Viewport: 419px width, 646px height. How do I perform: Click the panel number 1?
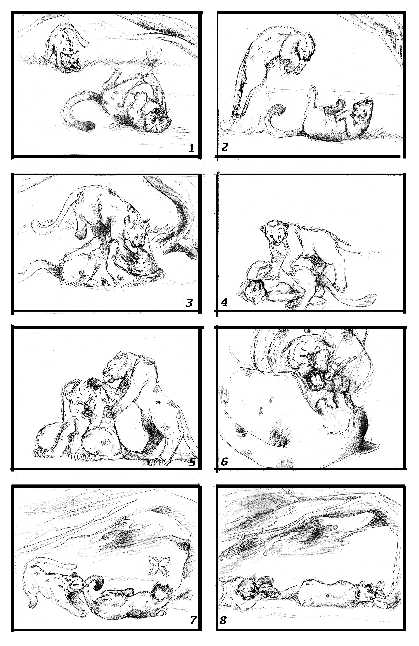(192, 148)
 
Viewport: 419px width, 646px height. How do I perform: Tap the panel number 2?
(225, 147)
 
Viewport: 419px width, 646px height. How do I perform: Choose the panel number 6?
(224, 462)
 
